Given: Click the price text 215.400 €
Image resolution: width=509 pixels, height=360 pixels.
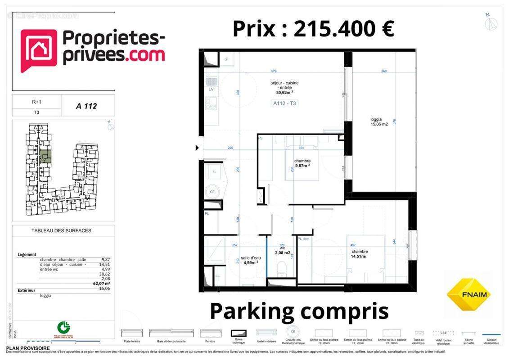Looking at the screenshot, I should [344, 29].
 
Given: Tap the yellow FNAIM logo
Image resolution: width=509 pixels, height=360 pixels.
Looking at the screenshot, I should [469, 294].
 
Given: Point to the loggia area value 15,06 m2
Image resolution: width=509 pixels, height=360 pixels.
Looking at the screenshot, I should [379, 125].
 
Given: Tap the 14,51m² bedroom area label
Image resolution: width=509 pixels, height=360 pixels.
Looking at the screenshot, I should [359, 256].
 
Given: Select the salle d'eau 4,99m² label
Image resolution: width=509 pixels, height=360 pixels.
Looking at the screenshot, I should [251, 260].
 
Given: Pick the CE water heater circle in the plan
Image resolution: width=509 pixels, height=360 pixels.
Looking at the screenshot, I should [212, 192].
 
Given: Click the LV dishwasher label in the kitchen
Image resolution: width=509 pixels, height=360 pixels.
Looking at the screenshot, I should [211, 89].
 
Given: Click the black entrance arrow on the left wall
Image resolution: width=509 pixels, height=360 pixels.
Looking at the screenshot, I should [197, 148].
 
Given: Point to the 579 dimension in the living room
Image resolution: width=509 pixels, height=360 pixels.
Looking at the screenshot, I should [274, 71].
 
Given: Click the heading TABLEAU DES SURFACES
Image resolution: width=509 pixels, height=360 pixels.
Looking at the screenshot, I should [61, 230].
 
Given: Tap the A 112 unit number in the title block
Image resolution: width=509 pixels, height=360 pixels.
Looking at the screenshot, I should [86, 106].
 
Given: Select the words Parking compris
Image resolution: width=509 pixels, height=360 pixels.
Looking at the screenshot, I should [299, 311].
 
